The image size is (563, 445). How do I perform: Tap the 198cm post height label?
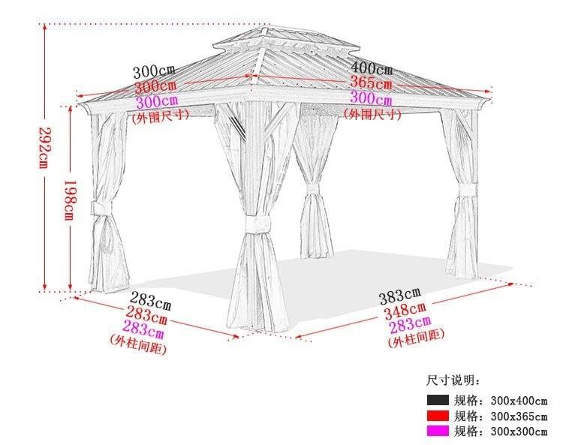point(67,198)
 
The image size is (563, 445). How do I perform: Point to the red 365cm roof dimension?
point(371,84)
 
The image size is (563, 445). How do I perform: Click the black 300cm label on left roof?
point(155,73)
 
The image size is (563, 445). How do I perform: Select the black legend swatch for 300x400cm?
point(438,400)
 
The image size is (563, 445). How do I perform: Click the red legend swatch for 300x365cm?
point(438,416)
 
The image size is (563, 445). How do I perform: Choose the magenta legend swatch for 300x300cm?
point(438,431)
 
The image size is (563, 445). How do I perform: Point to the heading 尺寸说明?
point(453,381)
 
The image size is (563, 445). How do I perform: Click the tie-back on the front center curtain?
point(256,224)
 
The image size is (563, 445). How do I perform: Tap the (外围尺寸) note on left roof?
point(160,116)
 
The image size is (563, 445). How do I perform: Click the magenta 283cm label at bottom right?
point(410,326)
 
